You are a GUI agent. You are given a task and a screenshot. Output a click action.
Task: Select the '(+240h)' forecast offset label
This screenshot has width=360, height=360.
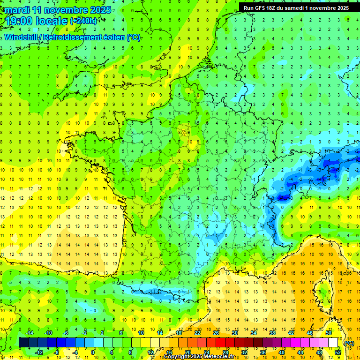(83, 21)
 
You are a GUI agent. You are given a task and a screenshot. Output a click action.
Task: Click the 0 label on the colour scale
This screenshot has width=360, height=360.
(92, 352)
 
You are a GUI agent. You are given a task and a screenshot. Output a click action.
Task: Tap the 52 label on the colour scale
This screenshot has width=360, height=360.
(338, 352)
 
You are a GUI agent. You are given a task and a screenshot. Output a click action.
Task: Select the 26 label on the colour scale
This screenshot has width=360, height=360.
(216, 333)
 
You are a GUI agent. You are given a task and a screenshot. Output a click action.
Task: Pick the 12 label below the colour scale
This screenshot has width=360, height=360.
(150, 352)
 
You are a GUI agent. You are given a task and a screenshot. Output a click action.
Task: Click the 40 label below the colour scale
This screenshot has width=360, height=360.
(282, 352)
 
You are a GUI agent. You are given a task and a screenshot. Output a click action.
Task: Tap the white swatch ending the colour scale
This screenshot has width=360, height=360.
(333, 342)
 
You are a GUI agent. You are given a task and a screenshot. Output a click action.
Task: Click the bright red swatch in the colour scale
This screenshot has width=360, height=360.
(221, 342)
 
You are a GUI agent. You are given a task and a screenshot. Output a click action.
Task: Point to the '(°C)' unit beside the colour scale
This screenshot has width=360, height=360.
(349, 343)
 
